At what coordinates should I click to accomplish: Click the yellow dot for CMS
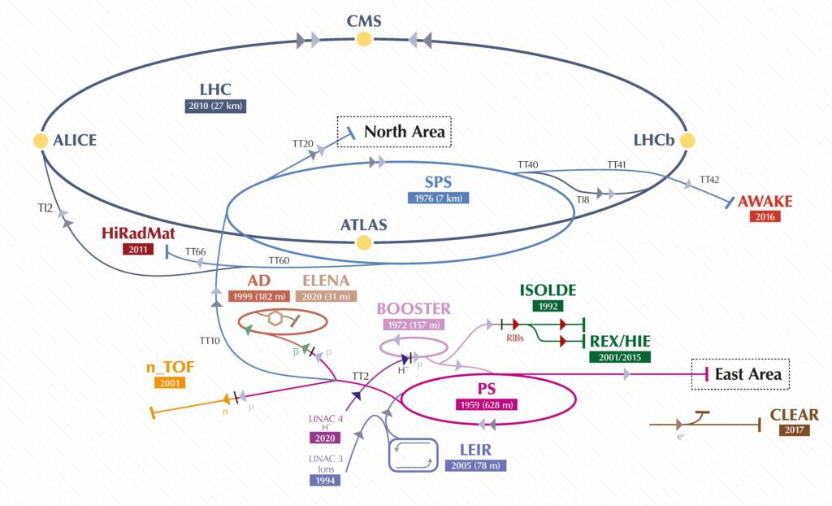(x=363, y=39)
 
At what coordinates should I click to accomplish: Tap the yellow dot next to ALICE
(x=41, y=140)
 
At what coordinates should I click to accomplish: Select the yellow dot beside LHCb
(x=687, y=140)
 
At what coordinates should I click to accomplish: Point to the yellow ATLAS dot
(x=363, y=242)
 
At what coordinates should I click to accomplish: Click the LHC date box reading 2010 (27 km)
(x=215, y=106)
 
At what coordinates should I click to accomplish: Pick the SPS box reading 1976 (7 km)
(x=438, y=198)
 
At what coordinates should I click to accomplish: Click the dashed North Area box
(x=394, y=132)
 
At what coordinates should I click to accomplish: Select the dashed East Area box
(x=740, y=374)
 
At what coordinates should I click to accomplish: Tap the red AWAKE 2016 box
(x=765, y=216)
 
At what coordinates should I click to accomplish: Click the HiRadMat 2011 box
(x=138, y=249)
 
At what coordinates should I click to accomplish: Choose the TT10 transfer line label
(x=210, y=341)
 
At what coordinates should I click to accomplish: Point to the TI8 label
(x=583, y=200)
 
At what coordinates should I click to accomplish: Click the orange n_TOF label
(x=170, y=367)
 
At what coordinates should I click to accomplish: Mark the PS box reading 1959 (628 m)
(x=487, y=405)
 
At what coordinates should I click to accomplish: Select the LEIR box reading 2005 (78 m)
(x=475, y=465)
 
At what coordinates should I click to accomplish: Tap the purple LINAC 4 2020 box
(x=325, y=438)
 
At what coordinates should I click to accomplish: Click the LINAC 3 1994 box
(x=325, y=480)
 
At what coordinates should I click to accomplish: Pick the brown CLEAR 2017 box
(x=795, y=430)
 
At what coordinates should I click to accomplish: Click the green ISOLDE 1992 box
(x=548, y=306)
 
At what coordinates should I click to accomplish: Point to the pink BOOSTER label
(x=414, y=309)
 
